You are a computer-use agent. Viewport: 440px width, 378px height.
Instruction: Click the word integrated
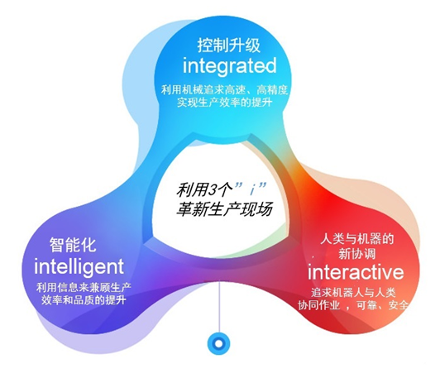(229, 66)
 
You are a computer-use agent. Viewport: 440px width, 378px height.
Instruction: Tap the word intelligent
(79, 267)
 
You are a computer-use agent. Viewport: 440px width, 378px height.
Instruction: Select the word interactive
(356, 271)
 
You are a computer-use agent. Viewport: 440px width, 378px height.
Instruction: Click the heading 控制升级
(229, 45)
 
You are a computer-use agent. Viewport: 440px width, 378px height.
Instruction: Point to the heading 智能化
(73, 245)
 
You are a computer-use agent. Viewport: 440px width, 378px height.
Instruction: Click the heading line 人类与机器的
(357, 239)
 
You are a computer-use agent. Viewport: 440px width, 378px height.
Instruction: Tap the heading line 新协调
(357, 254)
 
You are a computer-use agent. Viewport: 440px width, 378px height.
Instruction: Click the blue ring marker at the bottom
(218, 343)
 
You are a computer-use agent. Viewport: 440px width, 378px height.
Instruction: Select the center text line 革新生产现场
(224, 208)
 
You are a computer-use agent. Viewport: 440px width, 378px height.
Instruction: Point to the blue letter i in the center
(252, 190)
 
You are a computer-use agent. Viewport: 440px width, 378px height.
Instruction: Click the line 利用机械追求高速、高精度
(224, 90)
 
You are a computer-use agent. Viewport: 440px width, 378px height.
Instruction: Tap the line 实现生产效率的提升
(224, 102)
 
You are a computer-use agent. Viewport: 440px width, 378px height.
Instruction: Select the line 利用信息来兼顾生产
(84, 288)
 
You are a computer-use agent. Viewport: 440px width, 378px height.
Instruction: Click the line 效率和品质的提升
(84, 300)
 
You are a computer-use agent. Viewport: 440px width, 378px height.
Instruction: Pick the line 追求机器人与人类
(353, 293)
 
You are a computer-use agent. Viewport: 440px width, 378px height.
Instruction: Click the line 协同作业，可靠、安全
(353, 304)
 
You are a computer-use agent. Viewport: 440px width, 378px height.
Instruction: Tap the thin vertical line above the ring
(219, 308)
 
